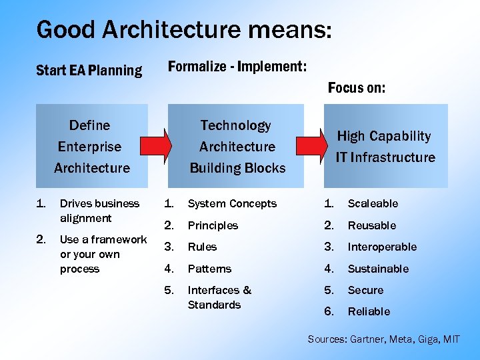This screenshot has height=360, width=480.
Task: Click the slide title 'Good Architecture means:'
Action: (184, 30)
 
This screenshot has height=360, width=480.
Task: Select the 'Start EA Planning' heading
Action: (89, 70)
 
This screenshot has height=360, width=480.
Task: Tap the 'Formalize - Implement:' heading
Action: (237, 67)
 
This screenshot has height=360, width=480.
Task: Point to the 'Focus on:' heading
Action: (357, 88)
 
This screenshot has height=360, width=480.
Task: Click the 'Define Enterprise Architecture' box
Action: (91, 146)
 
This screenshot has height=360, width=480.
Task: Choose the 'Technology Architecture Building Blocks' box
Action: (237, 146)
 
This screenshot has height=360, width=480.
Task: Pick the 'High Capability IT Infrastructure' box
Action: (385, 146)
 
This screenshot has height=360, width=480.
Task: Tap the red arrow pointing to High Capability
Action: (308, 146)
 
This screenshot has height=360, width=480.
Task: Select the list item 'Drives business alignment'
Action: (99, 211)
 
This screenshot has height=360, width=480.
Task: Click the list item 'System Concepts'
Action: (232, 203)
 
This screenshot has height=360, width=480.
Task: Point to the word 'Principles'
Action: (213, 225)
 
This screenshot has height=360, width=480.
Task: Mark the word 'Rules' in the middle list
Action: (202, 247)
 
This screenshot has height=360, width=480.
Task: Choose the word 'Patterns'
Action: (209, 269)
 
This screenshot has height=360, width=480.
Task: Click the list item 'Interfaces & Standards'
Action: (219, 297)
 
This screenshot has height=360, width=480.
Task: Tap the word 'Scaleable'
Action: (373, 203)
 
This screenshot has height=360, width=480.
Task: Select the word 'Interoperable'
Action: (382, 247)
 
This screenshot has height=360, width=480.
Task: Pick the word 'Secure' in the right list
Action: (365, 290)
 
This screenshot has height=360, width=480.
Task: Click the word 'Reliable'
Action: (369, 311)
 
